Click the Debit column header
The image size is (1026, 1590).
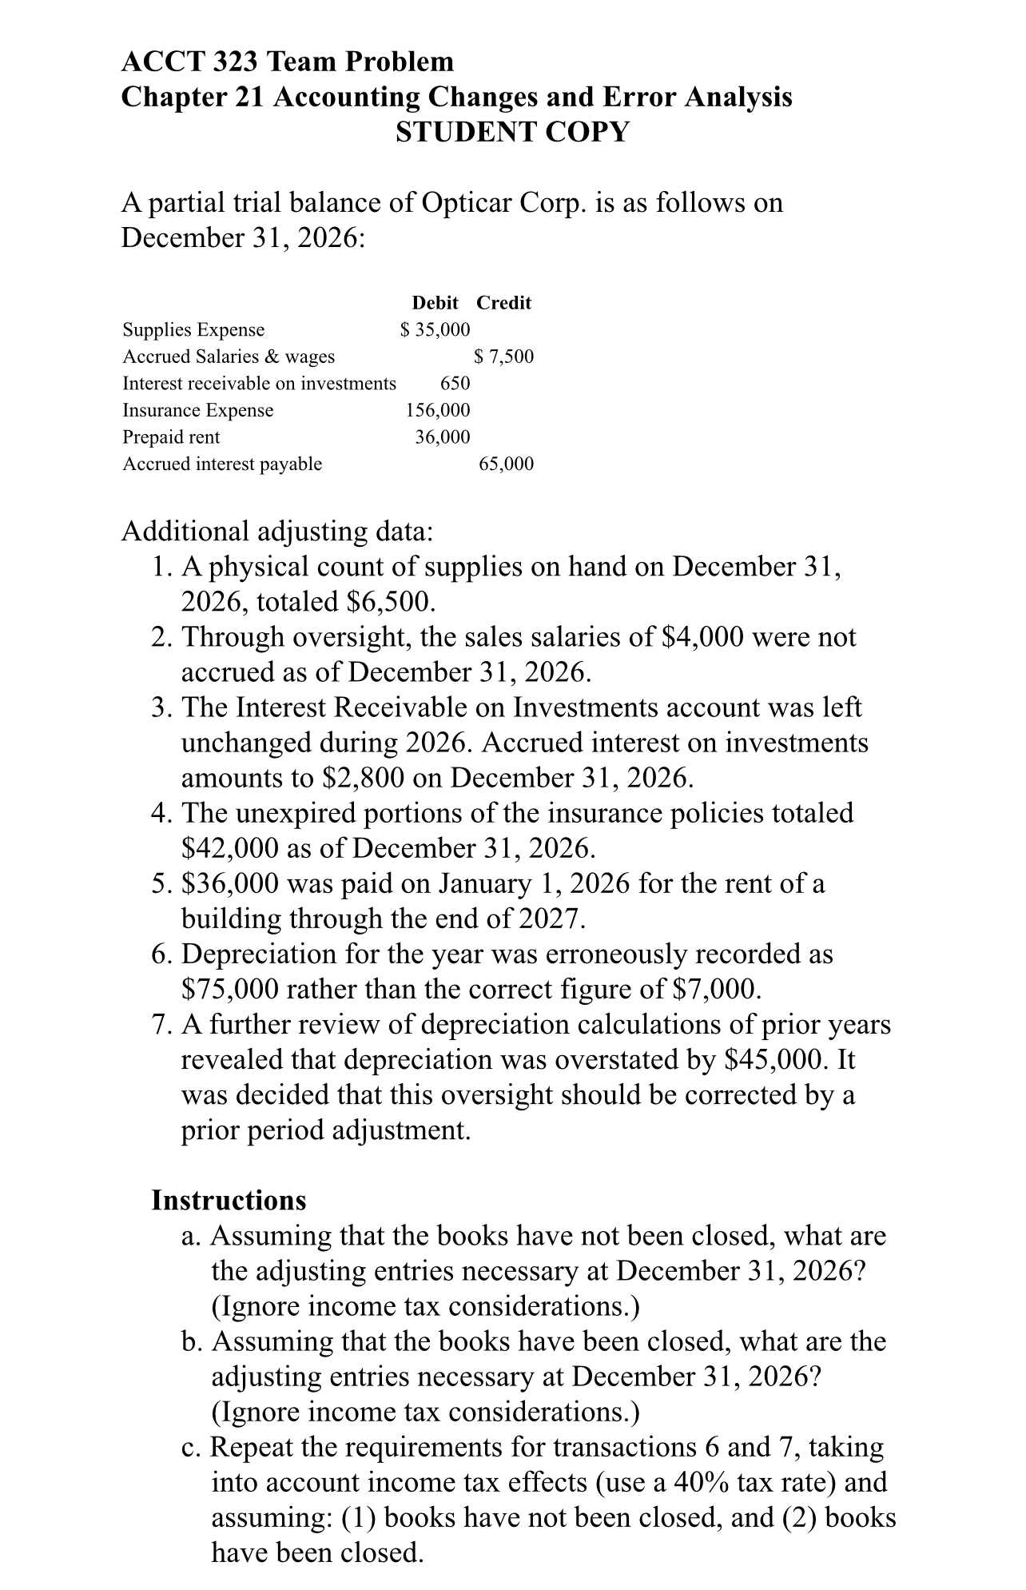coord(435,303)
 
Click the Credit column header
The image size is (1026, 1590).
coord(503,303)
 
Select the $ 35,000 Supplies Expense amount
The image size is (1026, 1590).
coord(435,329)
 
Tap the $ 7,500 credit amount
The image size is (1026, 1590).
coord(503,357)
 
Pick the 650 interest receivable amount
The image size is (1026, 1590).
coord(455,384)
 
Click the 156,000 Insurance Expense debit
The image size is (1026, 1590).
coord(438,410)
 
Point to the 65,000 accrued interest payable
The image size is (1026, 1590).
coord(506,464)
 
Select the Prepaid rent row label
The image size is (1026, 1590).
coord(171,437)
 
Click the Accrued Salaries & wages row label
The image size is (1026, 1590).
coord(229,357)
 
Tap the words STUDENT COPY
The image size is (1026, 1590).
coord(512,132)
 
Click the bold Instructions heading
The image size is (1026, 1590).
coord(229,1201)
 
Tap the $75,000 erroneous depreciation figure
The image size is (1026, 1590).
coord(230,990)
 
